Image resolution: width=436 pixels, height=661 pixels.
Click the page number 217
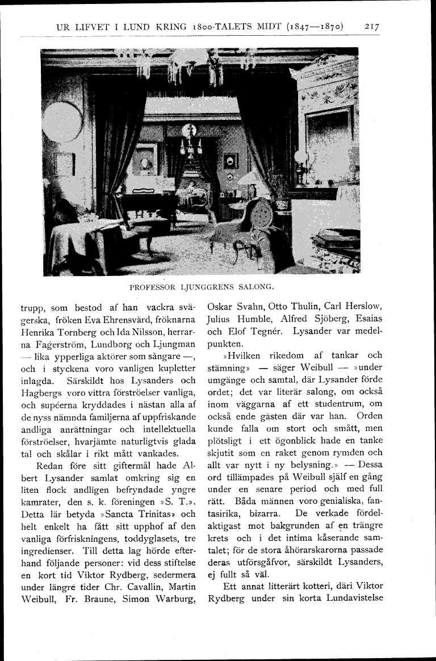click(x=372, y=27)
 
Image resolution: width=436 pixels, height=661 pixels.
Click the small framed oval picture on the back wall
click(x=230, y=161)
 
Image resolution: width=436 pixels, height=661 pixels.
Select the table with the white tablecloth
click(x=85, y=241)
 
